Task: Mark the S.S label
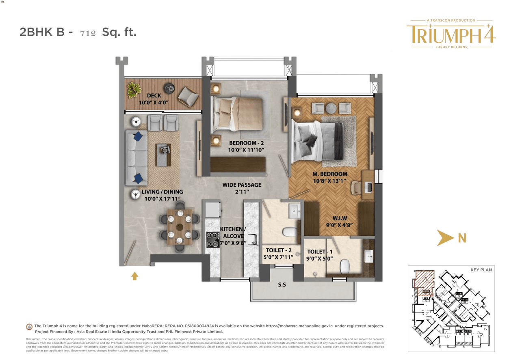click(x=282, y=285)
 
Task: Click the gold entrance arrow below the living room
click(x=134, y=276)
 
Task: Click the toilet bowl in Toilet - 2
click(x=290, y=232)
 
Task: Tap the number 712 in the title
click(x=88, y=33)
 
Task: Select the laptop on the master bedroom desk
click(x=368, y=186)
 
